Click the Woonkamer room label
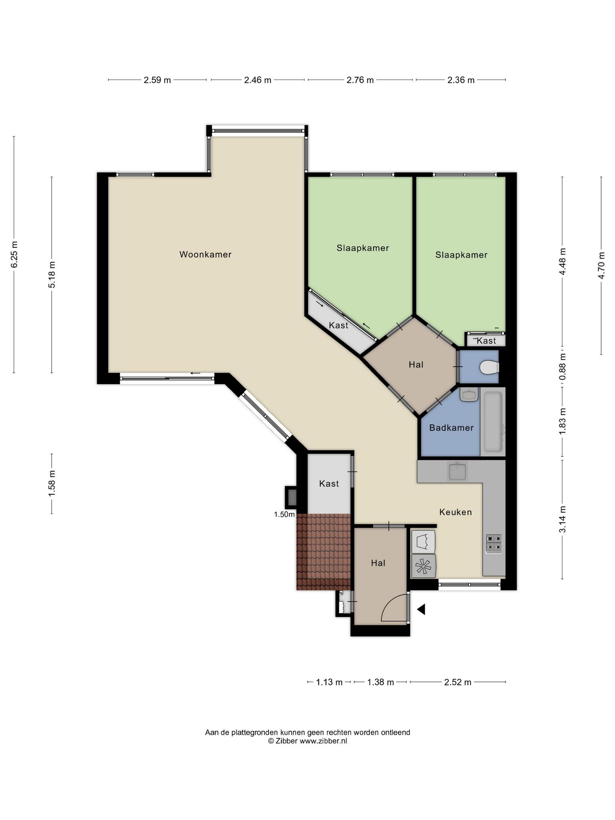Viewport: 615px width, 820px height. pyautogui.click(x=205, y=254)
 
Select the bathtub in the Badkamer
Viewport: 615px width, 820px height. pyautogui.click(x=493, y=422)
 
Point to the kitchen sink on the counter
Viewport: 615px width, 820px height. pyautogui.click(x=458, y=471)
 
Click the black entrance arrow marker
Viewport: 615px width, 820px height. pyautogui.click(x=421, y=609)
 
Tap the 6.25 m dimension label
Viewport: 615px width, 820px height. pyautogui.click(x=14, y=255)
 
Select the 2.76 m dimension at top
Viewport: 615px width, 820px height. pyautogui.click(x=360, y=80)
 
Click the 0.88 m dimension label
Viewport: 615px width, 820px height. pyautogui.click(x=563, y=366)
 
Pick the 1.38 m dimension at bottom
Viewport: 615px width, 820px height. pyautogui.click(x=381, y=682)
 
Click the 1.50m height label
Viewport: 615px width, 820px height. pyautogui.click(x=284, y=515)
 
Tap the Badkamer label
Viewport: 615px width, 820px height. pyautogui.click(x=451, y=428)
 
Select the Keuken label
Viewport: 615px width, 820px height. pyautogui.click(x=456, y=512)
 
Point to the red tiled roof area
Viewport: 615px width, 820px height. pyautogui.click(x=324, y=552)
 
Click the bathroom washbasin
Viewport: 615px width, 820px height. pyautogui.click(x=469, y=394)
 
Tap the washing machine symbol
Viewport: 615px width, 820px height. pyautogui.click(x=423, y=566)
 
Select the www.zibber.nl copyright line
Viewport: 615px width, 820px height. pyautogui.click(x=307, y=741)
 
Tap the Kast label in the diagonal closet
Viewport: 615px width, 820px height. pyautogui.click(x=338, y=325)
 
